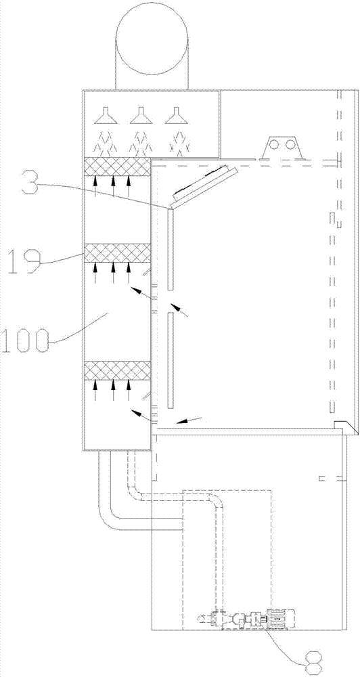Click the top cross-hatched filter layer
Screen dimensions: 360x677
click(x=117, y=167)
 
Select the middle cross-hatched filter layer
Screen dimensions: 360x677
click(x=117, y=253)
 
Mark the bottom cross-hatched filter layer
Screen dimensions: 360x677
click(x=117, y=371)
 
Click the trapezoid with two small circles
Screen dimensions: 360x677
click(x=282, y=148)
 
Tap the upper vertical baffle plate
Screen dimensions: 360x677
click(x=171, y=249)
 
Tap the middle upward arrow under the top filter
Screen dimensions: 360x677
click(x=113, y=187)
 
